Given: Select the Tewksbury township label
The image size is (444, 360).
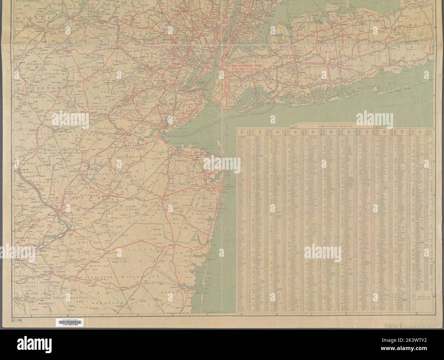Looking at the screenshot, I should [55, 73].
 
